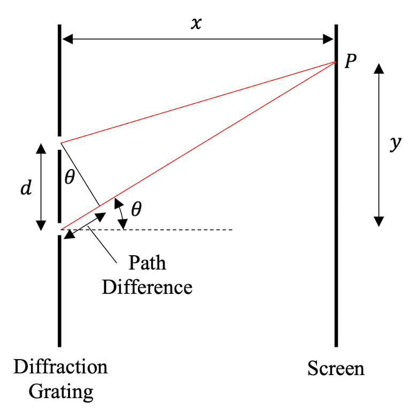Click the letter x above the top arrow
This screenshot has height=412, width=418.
tap(197, 24)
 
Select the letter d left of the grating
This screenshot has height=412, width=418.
tap(26, 187)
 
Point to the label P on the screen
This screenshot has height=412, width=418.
tap(350, 62)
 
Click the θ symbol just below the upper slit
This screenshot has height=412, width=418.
tap(69, 178)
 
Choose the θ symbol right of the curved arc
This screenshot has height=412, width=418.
tap(136, 209)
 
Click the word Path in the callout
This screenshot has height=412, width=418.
tap(148, 263)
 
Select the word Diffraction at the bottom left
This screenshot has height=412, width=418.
tap(60, 367)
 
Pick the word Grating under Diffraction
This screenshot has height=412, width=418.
tap(60, 392)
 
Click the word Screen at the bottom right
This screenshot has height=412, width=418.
tap(336, 368)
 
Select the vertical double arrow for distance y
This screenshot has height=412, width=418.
tap(378, 144)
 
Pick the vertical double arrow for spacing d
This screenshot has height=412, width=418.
tap(41, 186)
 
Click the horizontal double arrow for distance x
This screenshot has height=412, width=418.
tap(198, 39)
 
